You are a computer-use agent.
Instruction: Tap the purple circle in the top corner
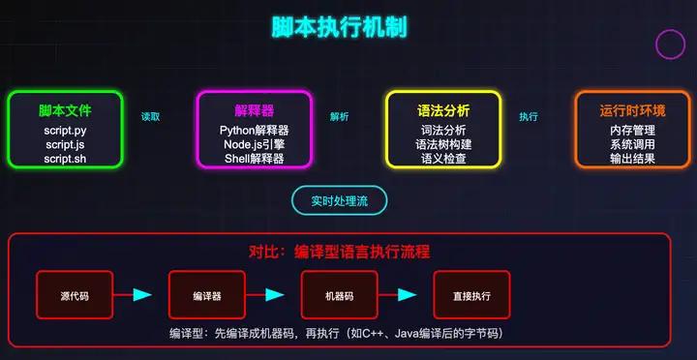pos(671,44)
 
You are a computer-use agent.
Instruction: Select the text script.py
pos(65,130)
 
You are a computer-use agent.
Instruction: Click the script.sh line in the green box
pos(65,157)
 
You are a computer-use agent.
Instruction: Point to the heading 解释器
pos(255,110)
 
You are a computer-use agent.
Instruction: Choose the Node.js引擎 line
pos(255,143)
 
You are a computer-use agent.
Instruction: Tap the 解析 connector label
pos(339,116)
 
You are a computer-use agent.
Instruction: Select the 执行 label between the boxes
pos(529,116)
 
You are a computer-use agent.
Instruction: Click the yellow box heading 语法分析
pos(443,110)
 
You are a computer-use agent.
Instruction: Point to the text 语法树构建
pos(443,143)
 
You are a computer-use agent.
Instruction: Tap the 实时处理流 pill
pos(340,200)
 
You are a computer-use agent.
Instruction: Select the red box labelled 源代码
pos(75,295)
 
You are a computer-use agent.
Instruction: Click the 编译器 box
pos(207,295)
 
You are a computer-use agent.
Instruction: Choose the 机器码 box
pos(339,295)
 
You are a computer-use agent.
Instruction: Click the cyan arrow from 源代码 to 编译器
pos(140,295)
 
